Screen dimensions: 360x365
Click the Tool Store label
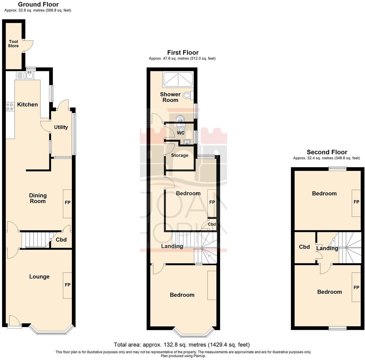pyautogui.click(x=13, y=44)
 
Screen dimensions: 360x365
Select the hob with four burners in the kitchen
pyautogui.click(x=10, y=106)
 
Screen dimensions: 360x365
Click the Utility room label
pyautogui.click(x=61, y=127)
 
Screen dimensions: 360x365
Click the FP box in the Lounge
pyautogui.click(x=68, y=285)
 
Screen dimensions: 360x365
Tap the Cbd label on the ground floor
pyautogui.click(x=61, y=240)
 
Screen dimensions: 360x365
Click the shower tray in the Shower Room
pyautogui.click(x=178, y=79)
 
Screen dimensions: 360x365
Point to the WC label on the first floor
pyautogui.click(x=181, y=133)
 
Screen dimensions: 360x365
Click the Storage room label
pyautogui.click(x=180, y=155)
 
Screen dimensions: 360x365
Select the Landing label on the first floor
pyautogui.click(x=172, y=246)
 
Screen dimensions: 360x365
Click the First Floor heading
pyautogui.click(x=182, y=53)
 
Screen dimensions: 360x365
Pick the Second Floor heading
pyautogui.click(x=327, y=152)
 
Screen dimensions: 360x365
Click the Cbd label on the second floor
pyautogui.click(x=304, y=247)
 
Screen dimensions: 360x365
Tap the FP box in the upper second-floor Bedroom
pyautogui.click(x=356, y=203)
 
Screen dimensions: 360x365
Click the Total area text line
pyautogui.click(x=182, y=345)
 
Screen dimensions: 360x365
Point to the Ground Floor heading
pyautogui.click(x=38, y=4)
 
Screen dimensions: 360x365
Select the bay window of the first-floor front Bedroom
pyautogui.click(x=193, y=332)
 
